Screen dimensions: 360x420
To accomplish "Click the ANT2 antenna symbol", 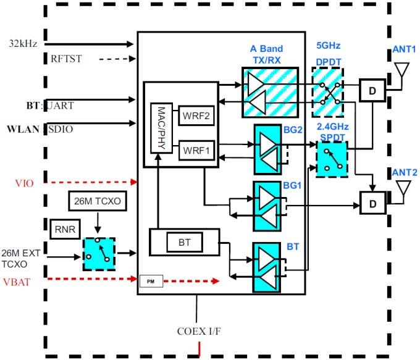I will tap(401, 189).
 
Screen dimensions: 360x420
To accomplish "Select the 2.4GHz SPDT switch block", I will tap(332, 158).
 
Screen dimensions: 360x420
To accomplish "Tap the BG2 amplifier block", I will tap(270, 149).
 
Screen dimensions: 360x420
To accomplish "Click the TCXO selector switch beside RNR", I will tap(98, 253).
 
